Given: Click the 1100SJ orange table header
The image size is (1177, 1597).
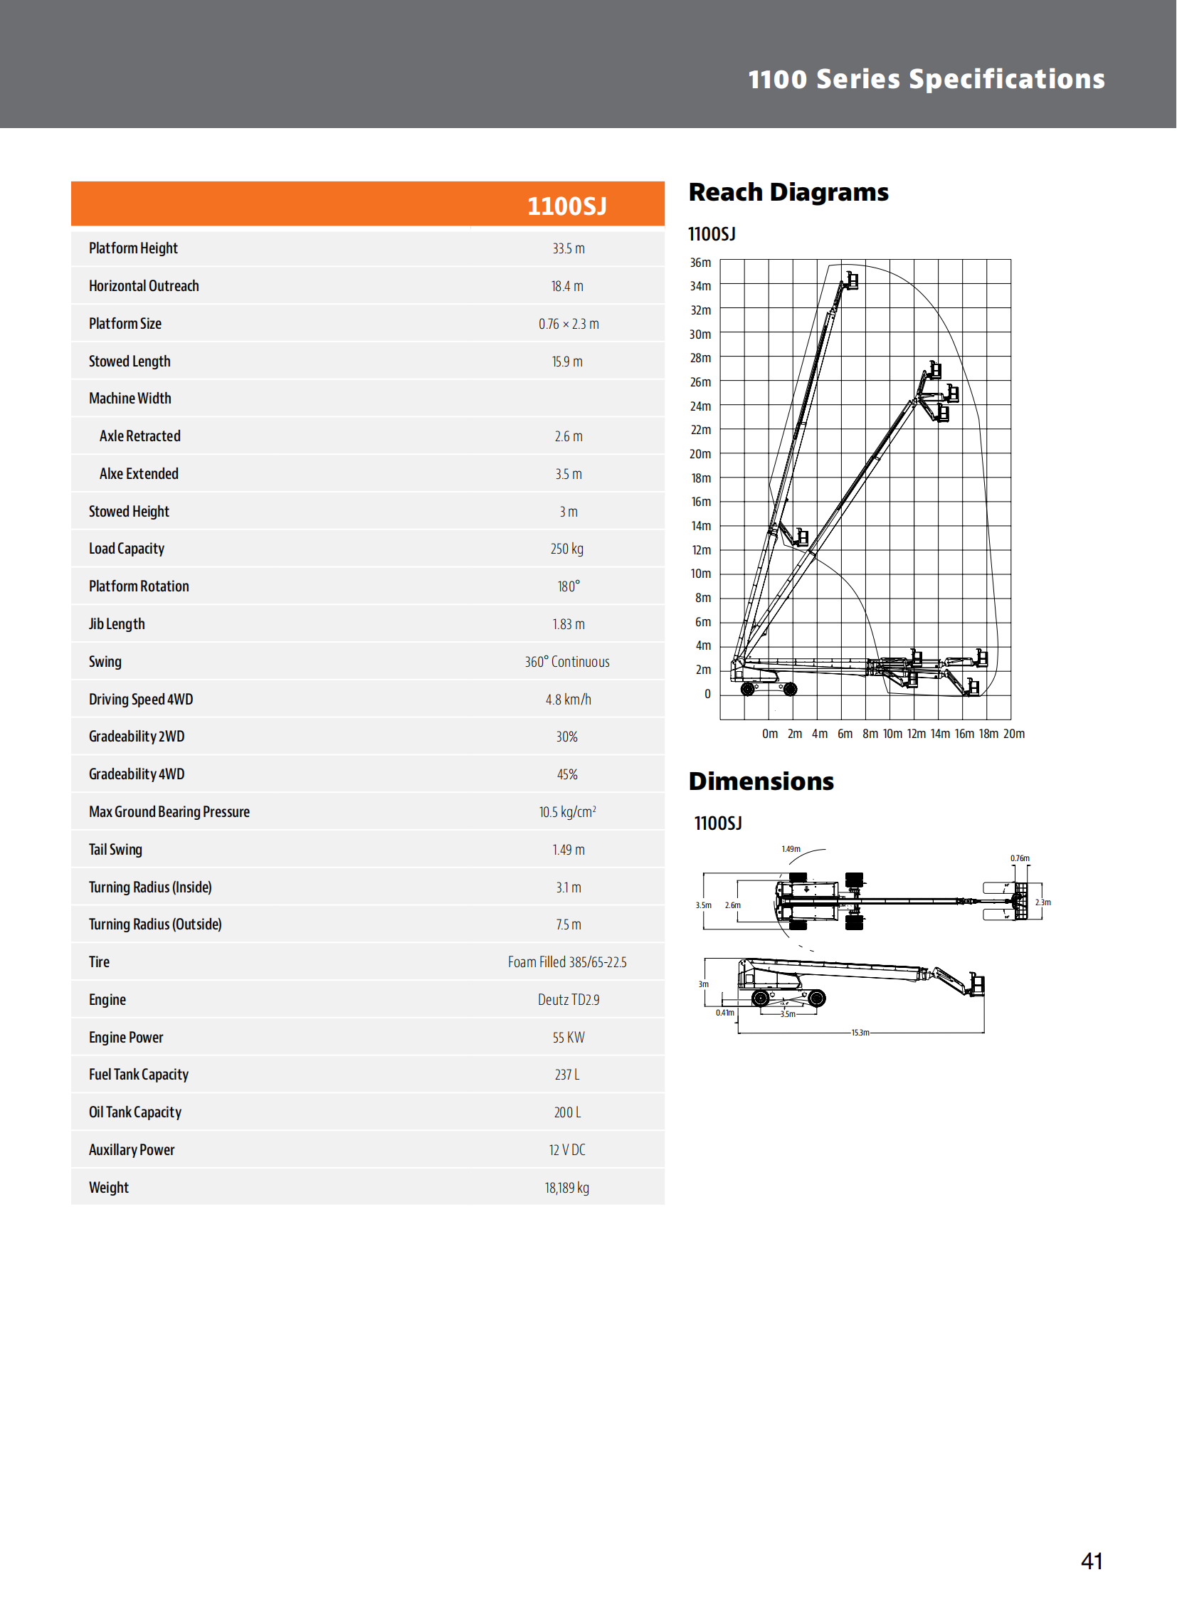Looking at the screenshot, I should tap(566, 206).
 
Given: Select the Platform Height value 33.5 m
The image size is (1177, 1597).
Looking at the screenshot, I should tap(568, 248).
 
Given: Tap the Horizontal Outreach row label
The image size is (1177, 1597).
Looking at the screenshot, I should tap(144, 286).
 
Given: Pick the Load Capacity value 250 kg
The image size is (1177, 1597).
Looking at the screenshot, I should tap(566, 549).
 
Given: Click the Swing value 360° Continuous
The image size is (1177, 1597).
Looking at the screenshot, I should tap(566, 662).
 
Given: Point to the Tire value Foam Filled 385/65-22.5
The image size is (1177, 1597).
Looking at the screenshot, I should tap(566, 962).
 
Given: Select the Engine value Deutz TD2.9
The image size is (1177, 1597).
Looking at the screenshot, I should tap(568, 1000).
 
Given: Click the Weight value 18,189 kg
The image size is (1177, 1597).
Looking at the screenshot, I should tap(566, 1187).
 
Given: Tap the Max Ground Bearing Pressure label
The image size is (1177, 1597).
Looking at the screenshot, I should tap(169, 812).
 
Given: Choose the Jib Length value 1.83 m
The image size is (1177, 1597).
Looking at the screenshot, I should tap(568, 624).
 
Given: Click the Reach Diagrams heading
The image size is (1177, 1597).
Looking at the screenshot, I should tap(788, 192).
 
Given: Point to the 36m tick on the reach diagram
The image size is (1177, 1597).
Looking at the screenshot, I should tap(700, 262).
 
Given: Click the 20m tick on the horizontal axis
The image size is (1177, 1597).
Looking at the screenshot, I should tap(1013, 733).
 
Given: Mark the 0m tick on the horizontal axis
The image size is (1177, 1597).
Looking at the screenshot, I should tap(769, 733).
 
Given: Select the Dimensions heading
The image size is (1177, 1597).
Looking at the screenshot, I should tap(761, 781).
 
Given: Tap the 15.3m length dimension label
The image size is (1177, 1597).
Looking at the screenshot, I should tap(860, 1033).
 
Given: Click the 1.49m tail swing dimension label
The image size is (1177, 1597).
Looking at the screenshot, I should tap(790, 849).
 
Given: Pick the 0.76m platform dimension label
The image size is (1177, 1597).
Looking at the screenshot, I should tap(1019, 858).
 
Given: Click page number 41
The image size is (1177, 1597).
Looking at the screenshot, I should tap(1091, 1561).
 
